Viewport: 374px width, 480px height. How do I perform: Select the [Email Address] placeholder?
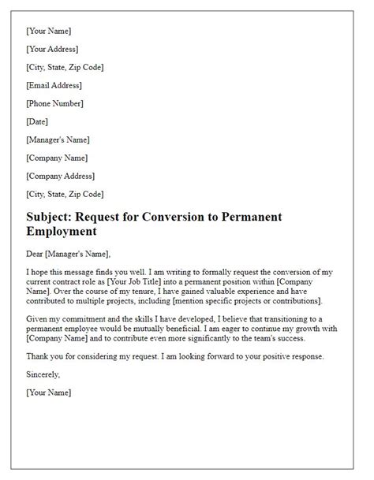tap(54, 85)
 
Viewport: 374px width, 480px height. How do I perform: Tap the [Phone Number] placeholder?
tap(55, 103)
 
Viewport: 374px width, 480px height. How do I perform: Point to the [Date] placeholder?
tap(37, 121)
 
